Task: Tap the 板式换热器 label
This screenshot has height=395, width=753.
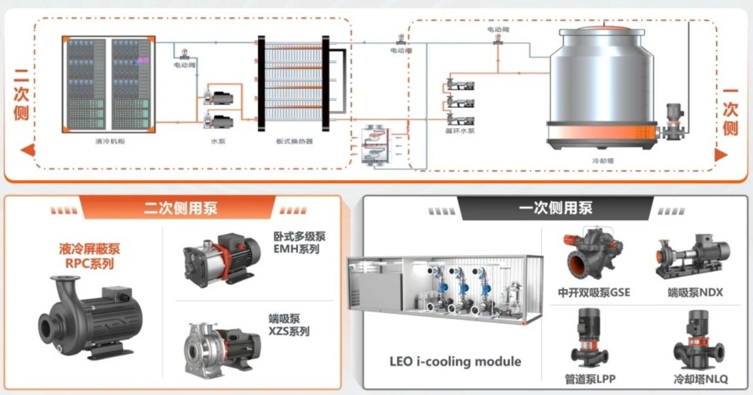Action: (294, 141)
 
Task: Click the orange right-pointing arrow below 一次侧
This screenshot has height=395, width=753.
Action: (722, 154)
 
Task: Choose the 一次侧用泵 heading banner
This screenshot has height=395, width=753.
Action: (556, 208)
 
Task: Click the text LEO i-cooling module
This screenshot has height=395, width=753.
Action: (455, 361)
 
